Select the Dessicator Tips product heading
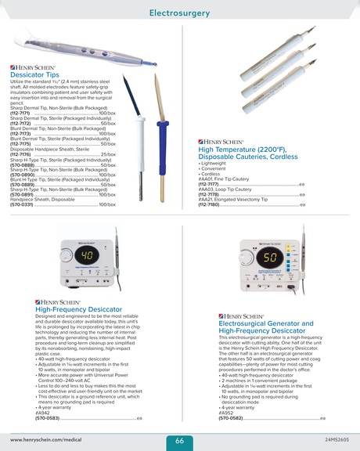[34, 75]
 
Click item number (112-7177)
[209, 184]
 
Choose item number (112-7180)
[209, 204]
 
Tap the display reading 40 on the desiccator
[88, 255]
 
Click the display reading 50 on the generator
[271, 257]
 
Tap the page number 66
[179, 441]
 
